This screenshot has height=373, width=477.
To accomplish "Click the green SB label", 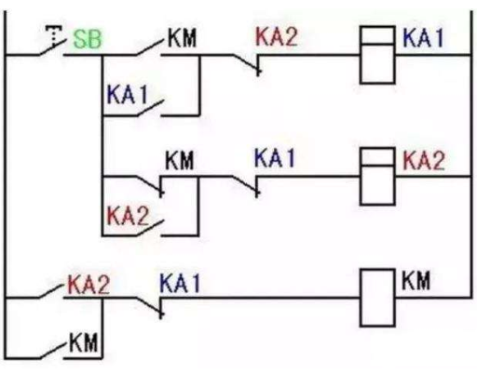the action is pos(88,39).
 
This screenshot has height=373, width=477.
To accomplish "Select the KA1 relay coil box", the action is pos(377,55).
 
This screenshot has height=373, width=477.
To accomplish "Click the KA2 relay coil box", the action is pos(377,177).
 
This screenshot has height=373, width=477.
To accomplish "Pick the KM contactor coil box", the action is pos(377,298).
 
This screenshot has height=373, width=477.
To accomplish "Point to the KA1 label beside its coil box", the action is pos(424,38).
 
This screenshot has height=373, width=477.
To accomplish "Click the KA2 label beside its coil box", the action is pos(424,161).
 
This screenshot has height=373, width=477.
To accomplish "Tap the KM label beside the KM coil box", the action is pos(416,280).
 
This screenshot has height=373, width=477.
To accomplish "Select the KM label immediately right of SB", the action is pos(182,38).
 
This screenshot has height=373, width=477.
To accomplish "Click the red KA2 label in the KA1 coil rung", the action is pos(276,36).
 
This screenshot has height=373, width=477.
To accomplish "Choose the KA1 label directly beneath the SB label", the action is pos(128,94).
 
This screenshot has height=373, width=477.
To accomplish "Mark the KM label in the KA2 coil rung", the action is pos(180,160).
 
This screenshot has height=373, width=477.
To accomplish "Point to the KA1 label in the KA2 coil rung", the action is pos(275,157).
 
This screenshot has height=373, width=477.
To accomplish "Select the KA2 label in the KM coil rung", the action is pos(89,285).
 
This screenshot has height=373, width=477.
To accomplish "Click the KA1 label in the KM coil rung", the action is pos(180,283).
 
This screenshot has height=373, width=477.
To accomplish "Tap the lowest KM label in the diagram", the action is pos(83,342).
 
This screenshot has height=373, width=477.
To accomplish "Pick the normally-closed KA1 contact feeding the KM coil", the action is pos(150,307).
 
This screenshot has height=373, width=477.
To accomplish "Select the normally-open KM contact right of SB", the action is pos(150,48).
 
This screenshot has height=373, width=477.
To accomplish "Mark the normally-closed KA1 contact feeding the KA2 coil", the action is pos(246,185).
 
